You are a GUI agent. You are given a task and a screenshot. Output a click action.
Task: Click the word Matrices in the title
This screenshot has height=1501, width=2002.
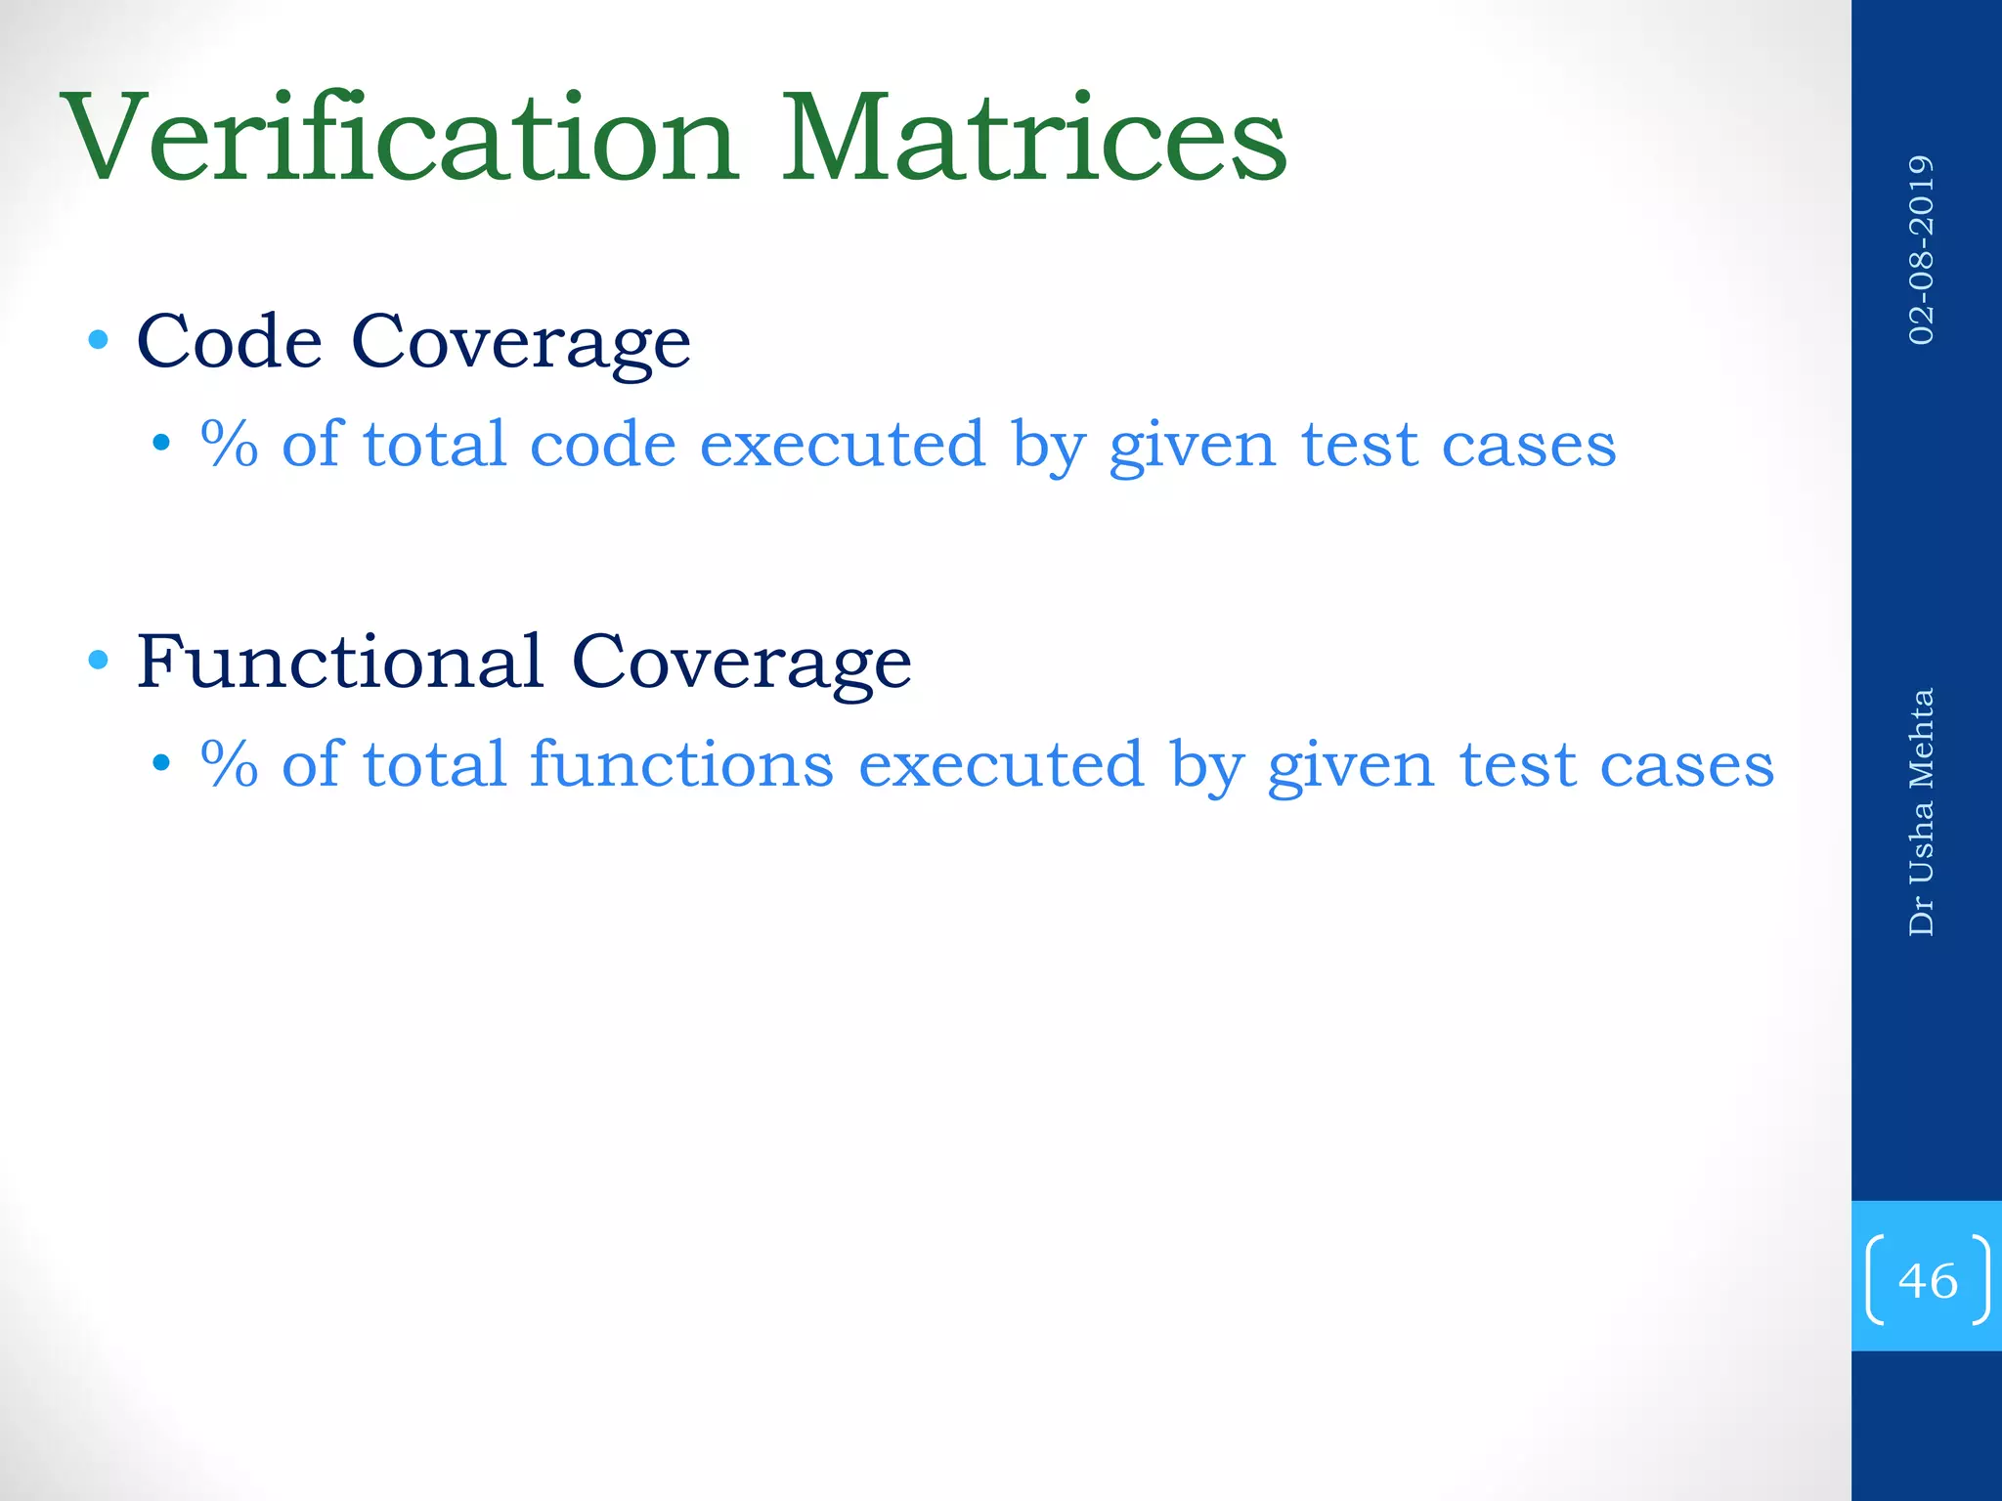coord(1032,138)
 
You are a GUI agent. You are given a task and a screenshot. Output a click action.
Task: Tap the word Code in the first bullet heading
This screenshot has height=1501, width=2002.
coord(229,342)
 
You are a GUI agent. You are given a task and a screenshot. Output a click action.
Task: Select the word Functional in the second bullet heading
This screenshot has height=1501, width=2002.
coord(339,662)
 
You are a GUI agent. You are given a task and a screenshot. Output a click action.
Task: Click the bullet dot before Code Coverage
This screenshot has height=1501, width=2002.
coord(98,341)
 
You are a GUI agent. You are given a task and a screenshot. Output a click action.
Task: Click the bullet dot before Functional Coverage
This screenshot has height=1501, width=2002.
coord(98,661)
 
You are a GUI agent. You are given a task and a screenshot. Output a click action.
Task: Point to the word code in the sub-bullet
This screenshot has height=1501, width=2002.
coord(602,446)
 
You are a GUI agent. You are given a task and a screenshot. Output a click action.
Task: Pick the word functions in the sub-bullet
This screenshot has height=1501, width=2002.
coord(681,764)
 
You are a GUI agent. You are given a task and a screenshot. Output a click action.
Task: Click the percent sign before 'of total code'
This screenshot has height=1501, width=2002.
coord(229,445)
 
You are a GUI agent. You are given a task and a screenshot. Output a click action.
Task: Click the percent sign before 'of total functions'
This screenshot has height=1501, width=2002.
coord(229,764)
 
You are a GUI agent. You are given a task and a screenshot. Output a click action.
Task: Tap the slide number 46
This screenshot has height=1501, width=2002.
coord(1927,1280)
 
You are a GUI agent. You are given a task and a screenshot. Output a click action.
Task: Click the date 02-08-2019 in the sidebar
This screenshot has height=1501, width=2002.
coord(1921,250)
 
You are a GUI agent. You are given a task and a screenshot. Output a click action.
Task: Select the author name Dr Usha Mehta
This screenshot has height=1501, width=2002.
coord(1921,812)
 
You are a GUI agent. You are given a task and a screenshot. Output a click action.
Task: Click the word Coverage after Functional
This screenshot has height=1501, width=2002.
coord(741,663)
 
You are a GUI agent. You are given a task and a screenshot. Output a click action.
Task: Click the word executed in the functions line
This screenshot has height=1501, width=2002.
coord(1000,764)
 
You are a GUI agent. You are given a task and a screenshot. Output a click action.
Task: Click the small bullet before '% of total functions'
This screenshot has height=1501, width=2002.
coord(161,763)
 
